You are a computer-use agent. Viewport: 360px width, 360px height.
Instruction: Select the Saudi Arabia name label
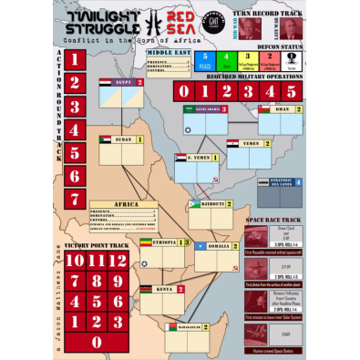[x=208, y=108]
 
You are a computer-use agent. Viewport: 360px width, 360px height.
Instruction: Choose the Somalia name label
[x=215, y=246]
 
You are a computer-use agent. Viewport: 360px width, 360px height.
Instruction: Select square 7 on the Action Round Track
[x=77, y=199]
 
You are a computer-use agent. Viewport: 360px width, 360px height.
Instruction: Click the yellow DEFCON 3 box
[x=248, y=60]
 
